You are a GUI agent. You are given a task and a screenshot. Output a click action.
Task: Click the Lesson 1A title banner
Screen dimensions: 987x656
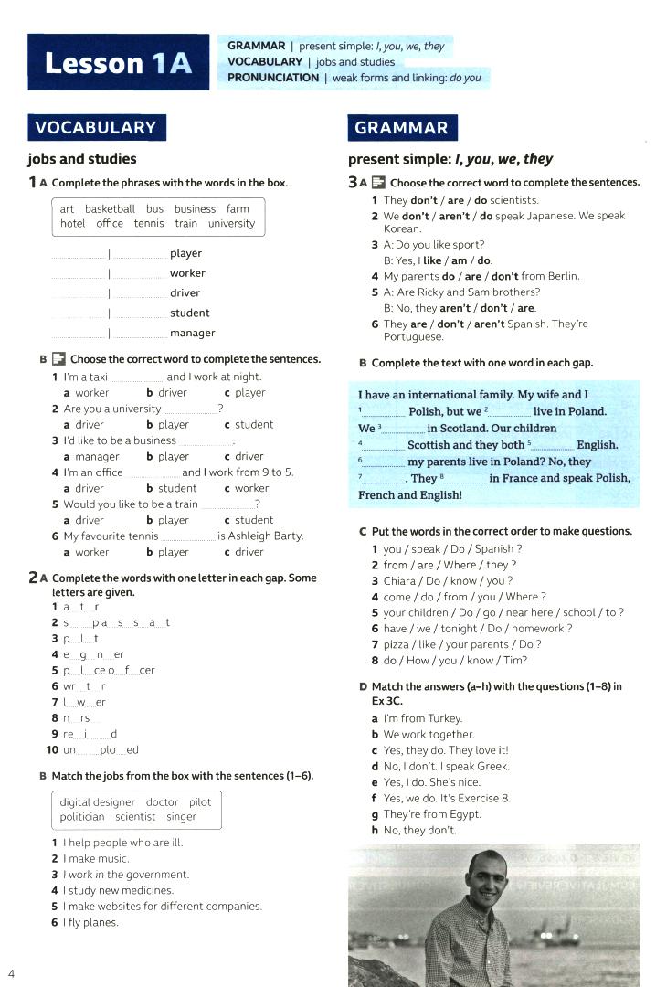(x=119, y=62)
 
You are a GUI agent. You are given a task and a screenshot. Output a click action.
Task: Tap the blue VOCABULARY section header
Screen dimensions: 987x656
(x=96, y=127)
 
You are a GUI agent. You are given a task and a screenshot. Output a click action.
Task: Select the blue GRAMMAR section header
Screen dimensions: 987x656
(x=402, y=128)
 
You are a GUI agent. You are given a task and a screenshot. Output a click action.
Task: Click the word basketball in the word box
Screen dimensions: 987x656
(x=110, y=209)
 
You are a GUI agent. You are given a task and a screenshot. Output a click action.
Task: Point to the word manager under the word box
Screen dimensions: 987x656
(x=192, y=334)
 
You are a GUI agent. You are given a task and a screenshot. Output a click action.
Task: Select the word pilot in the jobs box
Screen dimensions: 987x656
(x=199, y=802)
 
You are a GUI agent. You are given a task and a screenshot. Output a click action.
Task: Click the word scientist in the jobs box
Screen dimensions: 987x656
(x=135, y=817)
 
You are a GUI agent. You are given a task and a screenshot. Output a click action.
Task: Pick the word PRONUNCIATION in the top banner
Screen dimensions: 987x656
(x=273, y=79)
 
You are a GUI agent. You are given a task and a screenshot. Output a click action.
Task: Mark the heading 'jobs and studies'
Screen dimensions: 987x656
(x=82, y=159)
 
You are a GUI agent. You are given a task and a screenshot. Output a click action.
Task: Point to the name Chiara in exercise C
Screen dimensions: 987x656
(x=400, y=580)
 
